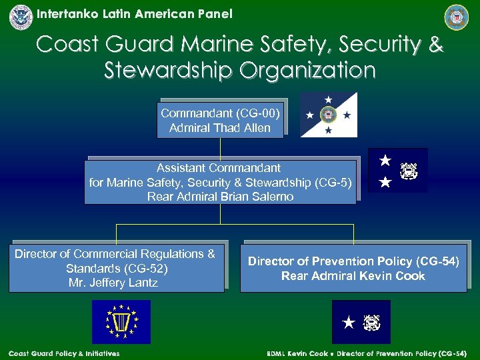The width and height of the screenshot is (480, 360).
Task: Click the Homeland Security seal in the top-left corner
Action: [21, 17]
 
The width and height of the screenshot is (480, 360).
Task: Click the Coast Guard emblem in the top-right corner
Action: [457, 17]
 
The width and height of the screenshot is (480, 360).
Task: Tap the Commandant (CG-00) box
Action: [220, 120]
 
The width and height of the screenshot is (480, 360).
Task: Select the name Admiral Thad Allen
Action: [220, 128]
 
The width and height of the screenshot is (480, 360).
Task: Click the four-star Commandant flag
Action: [329, 115]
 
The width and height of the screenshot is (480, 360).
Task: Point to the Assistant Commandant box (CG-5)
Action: [220, 182]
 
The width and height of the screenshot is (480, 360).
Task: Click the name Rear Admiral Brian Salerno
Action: [220, 197]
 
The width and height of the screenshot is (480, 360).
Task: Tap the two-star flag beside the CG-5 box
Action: [397, 171]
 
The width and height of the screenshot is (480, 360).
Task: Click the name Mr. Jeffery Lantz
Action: [115, 283]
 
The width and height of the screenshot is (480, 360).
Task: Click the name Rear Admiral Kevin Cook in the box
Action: [353, 276]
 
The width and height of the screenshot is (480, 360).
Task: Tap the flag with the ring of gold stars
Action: [121, 321]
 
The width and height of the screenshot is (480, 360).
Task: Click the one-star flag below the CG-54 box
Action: [361, 322]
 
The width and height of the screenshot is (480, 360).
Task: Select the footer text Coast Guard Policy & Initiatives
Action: [64, 353]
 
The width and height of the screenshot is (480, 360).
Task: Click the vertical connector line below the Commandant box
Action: [220, 149]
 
